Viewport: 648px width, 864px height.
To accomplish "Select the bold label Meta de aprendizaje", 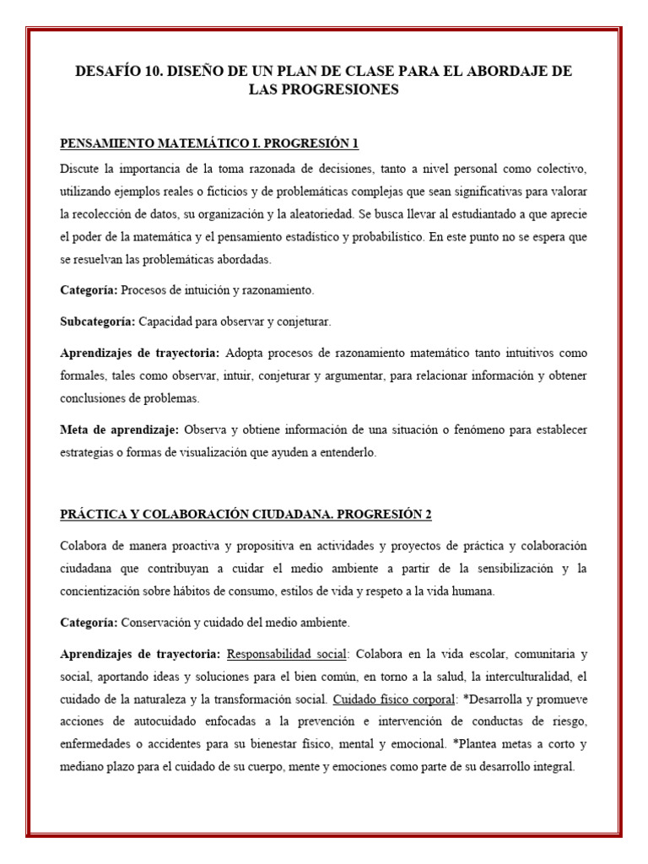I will click(x=119, y=429).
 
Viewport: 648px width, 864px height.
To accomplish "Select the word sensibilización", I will click(x=493, y=569).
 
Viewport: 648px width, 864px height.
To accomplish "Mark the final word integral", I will click(x=550, y=768).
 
